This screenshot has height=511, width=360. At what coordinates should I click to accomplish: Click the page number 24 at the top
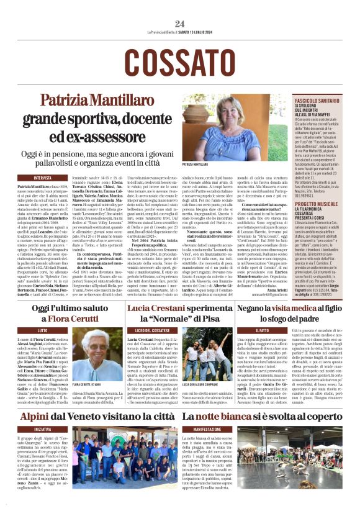point(179,24)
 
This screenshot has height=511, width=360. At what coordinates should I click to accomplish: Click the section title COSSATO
point(179,61)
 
